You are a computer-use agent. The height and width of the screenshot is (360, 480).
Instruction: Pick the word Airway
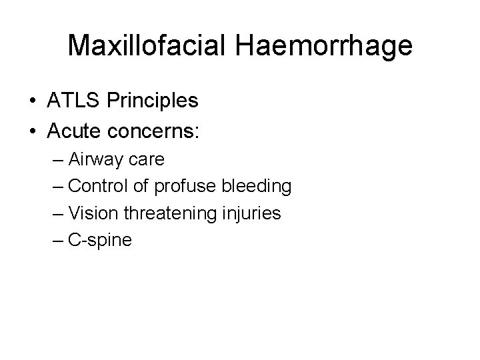[95, 160]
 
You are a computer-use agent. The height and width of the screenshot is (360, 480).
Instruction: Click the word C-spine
[100, 240]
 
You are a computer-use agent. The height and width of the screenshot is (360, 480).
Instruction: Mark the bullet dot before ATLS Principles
[32, 101]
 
